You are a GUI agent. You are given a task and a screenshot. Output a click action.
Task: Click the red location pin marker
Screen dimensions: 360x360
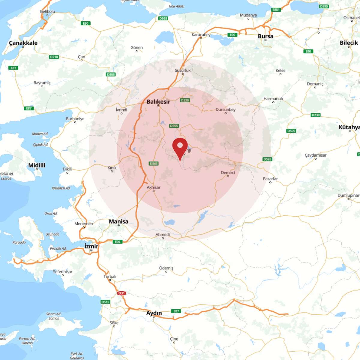pos(180,147)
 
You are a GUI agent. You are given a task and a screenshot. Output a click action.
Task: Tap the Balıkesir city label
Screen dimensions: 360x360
pos(158,102)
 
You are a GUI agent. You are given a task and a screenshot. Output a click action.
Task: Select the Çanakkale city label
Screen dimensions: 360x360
pos(23,43)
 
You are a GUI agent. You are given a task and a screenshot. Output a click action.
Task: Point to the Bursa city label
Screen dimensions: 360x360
pos(265,36)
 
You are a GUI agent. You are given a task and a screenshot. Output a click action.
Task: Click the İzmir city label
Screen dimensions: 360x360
pos(91,246)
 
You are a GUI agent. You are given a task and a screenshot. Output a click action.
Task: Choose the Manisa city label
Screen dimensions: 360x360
pos(118,221)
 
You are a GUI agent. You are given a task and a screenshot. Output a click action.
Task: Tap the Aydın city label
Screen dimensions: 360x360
pos(154,313)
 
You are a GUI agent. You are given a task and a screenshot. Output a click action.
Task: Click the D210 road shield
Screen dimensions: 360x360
pos(54,57)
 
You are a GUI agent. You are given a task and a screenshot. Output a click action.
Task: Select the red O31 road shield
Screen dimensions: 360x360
pos(121,293)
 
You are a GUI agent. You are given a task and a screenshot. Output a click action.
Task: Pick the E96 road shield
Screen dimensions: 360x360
pos(118,242)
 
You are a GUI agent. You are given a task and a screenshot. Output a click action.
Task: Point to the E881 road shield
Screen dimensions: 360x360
pos(276,10)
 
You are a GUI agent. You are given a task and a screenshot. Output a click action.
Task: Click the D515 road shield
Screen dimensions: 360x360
pos(105,302)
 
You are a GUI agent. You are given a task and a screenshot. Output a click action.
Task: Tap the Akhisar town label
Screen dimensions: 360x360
pos(153,187)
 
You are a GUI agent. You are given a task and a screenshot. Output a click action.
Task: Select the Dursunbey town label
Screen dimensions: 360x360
pos(226,109)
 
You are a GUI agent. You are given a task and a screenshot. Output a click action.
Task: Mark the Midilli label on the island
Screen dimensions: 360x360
pos(37,165)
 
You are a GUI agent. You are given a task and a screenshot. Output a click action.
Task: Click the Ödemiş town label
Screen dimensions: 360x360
pos(166,268)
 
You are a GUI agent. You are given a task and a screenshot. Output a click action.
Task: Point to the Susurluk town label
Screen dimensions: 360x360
pos(183,70)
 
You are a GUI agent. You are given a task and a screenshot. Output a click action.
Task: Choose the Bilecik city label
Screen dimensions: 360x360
pos(349,43)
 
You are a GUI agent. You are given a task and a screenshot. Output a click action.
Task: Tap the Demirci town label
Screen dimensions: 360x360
pos(228,172)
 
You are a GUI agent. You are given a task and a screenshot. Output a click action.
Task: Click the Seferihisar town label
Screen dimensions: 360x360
pos(63,271)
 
